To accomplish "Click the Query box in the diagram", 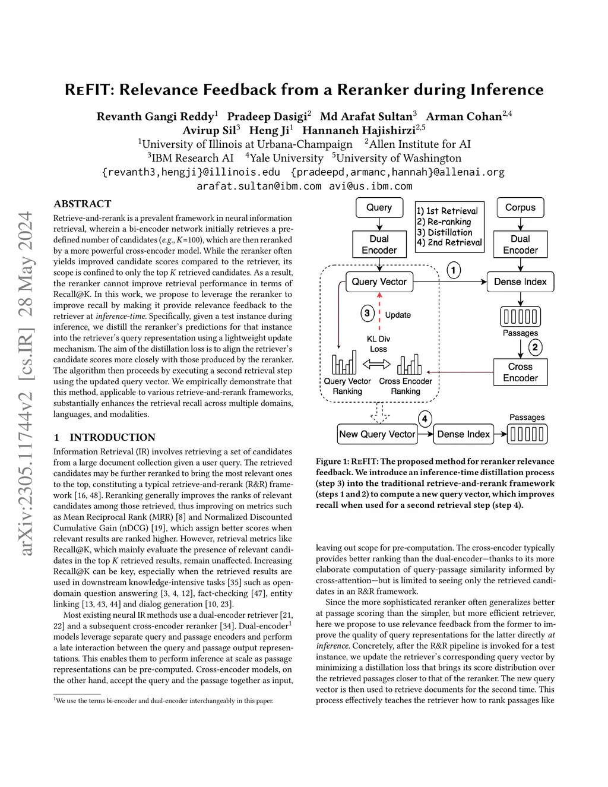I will point(379,207).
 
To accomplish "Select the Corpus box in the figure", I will point(520,207).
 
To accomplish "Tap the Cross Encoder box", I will point(520,372).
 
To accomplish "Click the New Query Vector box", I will point(377,434).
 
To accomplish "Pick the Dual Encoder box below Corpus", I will point(520,244).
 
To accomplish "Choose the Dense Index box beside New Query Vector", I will point(463,434).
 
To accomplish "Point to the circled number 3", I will point(368,313).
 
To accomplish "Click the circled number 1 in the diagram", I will point(454,271).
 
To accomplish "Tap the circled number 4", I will point(425,419).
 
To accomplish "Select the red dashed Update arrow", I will point(379,315).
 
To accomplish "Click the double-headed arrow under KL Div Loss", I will point(376,364).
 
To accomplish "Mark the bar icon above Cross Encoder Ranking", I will point(409,364).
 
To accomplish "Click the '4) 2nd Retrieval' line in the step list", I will point(449,242).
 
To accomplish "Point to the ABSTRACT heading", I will point(82,204).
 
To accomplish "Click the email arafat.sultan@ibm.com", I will point(259,186).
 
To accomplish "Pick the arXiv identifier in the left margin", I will point(26,383).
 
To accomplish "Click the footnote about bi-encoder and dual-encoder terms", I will point(164,701).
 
